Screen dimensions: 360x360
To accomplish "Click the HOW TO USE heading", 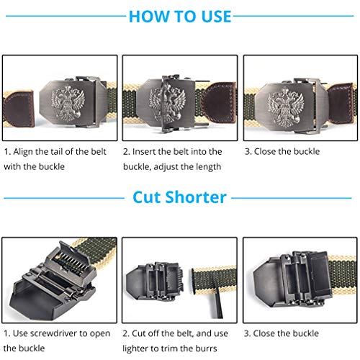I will pyautogui.click(x=180, y=16).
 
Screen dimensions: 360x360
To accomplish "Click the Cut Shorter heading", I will pyautogui.click(x=179, y=197).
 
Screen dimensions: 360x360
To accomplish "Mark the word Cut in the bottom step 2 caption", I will pyautogui.click(x=142, y=333).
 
